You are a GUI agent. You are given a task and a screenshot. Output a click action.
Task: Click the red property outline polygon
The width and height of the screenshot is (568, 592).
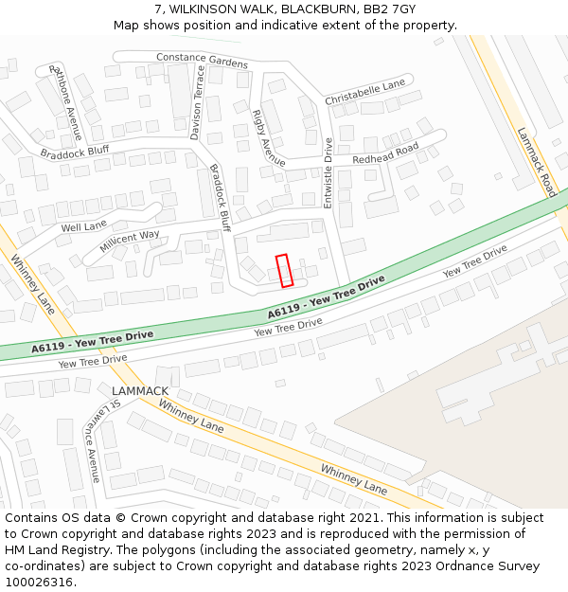[284, 270]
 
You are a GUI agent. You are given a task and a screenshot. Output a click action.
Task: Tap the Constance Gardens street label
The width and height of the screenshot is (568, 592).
[202, 60]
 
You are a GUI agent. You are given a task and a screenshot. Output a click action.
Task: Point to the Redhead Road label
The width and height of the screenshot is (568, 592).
[385, 154]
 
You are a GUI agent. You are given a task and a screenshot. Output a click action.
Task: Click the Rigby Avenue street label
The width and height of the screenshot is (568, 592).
[268, 137]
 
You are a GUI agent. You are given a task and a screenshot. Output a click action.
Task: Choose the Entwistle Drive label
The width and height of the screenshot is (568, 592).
[328, 173]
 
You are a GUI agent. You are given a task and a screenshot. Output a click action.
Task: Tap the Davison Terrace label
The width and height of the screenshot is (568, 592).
[197, 108]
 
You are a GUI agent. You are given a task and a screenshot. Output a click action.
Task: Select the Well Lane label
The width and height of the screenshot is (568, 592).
[84, 227]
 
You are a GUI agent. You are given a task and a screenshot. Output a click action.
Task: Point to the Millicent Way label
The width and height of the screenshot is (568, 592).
[130, 242]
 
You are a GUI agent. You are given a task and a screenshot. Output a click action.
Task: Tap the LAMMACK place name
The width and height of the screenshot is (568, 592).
[140, 390]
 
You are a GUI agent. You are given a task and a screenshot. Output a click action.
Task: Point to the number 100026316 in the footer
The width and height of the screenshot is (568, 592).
[40, 582]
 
